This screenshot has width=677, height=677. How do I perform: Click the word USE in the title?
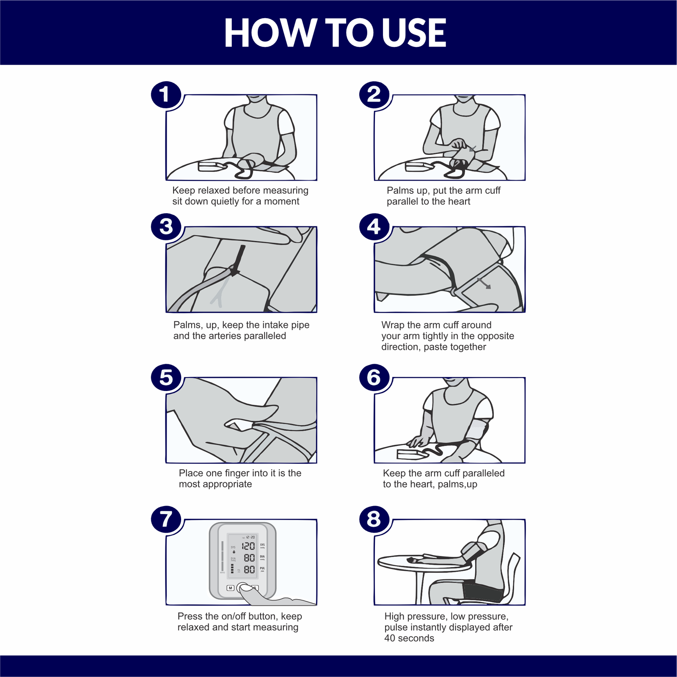pyautogui.click(x=414, y=33)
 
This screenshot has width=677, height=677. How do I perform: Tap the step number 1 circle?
pyautogui.click(x=166, y=94)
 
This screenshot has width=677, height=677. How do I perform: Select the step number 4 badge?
pyautogui.click(x=374, y=227)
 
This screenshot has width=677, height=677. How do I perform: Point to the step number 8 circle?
pyautogui.click(x=374, y=519)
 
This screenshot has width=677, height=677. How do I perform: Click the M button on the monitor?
pyautogui.click(x=230, y=588)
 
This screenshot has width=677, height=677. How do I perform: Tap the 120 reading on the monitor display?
pyautogui.click(x=248, y=546)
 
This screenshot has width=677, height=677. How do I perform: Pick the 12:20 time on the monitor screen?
pyautogui.click(x=250, y=537)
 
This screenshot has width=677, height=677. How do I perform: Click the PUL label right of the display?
pyautogui.click(x=262, y=568)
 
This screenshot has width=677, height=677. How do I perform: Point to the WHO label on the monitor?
pyautogui.click(x=222, y=573)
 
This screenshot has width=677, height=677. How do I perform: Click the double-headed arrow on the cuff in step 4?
pyautogui.click(x=484, y=283)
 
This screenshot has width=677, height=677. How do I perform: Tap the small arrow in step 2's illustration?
pyautogui.click(x=473, y=149)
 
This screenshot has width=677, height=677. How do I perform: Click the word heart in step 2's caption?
pyautogui.click(x=459, y=201)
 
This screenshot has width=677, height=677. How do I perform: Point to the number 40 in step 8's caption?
pyautogui.click(x=389, y=638)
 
